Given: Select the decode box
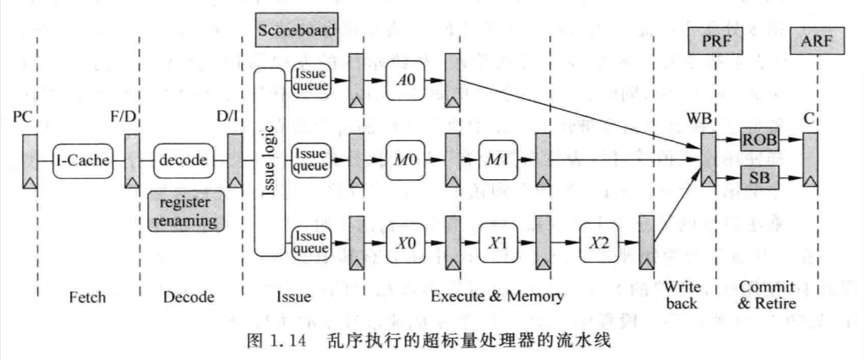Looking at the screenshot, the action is [x=183, y=161].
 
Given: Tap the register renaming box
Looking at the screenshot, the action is [x=186, y=210].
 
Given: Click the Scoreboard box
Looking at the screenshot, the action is [x=297, y=30].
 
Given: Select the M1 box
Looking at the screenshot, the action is [x=498, y=161].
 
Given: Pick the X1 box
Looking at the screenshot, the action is [x=498, y=243].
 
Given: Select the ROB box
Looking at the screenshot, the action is [x=759, y=140].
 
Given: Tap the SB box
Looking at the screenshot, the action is [x=759, y=177].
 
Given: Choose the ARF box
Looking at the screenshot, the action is [x=817, y=41].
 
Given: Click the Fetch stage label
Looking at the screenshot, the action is [x=88, y=297].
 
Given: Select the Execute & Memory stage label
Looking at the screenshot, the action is [x=497, y=297].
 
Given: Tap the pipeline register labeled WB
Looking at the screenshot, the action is [x=708, y=159].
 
